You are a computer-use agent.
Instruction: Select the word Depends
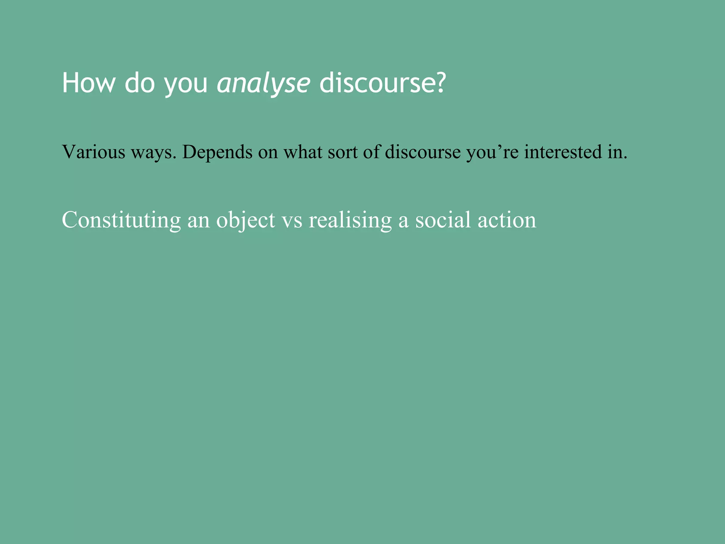pyautogui.click(x=217, y=153)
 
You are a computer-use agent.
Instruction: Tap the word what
pyautogui.click(x=303, y=152)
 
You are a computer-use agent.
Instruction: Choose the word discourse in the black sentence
pyautogui.click(x=423, y=152)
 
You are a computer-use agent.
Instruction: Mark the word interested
pyautogui.click(x=563, y=152)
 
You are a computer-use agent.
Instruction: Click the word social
pyautogui.click(x=443, y=220)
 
